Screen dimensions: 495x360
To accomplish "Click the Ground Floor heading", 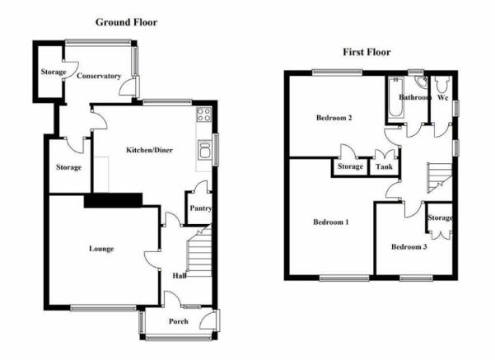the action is point(126,22).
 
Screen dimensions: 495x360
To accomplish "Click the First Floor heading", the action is point(367,52).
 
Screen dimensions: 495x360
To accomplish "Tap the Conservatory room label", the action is point(99,76).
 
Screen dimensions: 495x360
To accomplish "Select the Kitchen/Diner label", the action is point(149,150).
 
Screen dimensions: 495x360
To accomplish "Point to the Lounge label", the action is point(101,249).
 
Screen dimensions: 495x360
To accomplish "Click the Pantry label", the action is point(200,208).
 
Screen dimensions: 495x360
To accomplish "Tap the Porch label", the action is point(179,321).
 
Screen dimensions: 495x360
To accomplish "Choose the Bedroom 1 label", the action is point(331,222).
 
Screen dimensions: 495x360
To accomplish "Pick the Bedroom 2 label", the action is point(334,118).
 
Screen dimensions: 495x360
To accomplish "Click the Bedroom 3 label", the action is point(409,246).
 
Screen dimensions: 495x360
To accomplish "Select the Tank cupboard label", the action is point(384,166).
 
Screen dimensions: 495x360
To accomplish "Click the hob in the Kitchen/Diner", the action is point(204,115).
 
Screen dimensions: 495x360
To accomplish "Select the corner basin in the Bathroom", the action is point(421,82).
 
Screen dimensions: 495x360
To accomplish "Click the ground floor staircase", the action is point(199,251).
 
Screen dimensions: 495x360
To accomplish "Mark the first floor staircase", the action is point(440,177).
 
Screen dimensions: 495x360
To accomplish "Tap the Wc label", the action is point(442,97).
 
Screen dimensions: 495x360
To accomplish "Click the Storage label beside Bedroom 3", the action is point(440,217).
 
